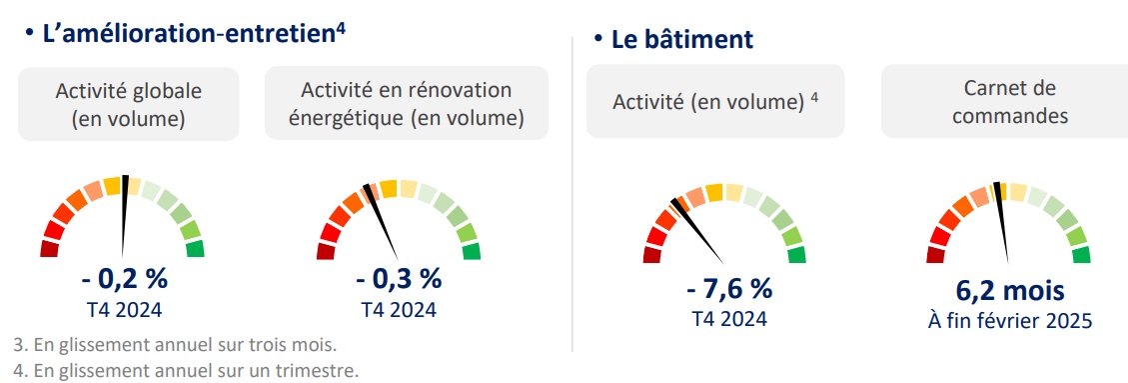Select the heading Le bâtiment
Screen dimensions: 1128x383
coord(682,40)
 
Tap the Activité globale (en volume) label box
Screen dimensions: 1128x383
coord(128,104)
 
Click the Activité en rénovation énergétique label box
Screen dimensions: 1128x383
coord(407,103)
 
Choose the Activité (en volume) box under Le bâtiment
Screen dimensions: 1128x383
coord(715,102)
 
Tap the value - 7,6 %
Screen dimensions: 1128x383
coord(728,289)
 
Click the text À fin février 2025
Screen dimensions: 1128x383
coord(1009,320)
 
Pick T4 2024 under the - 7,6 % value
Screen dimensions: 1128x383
coord(729,318)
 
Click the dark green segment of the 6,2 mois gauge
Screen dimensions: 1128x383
coord(1080,255)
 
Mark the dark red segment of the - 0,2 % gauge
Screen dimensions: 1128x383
coord(50,249)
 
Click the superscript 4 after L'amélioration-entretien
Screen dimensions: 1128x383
coord(341,31)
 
